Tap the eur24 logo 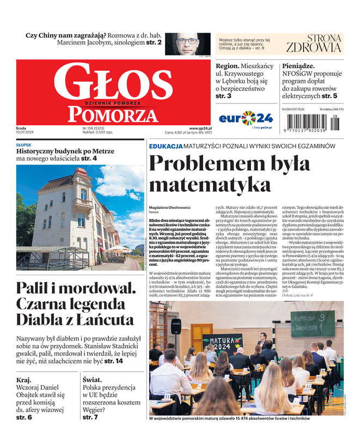[x=246, y=118]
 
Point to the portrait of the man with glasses [x=187, y=43]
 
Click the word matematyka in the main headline [x=209, y=185]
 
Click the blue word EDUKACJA [x=166, y=147]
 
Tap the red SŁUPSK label [x=24, y=144]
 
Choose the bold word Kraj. [x=24, y=379]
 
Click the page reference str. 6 [x=24, y=417]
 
